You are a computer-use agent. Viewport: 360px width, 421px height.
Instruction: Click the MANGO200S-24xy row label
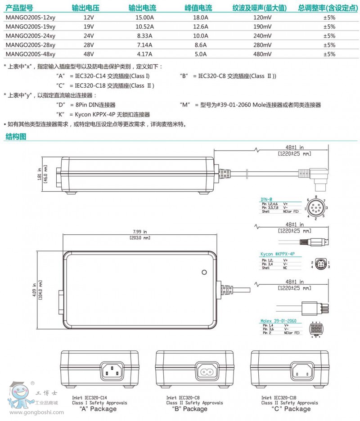click(30, 36)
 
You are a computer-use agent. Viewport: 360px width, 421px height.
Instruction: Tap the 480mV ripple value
click(262, 54)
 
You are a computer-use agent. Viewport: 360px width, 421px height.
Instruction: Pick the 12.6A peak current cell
click(200, 27)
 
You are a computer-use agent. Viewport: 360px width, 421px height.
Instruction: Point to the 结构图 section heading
click(16, 137)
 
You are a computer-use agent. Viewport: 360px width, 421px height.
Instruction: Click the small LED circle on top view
click(204, 272)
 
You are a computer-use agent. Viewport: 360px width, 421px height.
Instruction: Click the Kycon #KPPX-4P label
click(278, 254)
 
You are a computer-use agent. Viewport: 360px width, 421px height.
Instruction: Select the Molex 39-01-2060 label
click(279, 321)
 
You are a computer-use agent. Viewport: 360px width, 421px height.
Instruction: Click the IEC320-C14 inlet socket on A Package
click(112, 370)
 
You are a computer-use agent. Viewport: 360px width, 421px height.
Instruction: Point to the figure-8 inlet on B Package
click(207, 371)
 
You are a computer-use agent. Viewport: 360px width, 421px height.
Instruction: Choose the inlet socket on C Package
click(301, 370)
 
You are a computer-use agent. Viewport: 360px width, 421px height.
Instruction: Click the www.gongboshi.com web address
click(32, 413)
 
